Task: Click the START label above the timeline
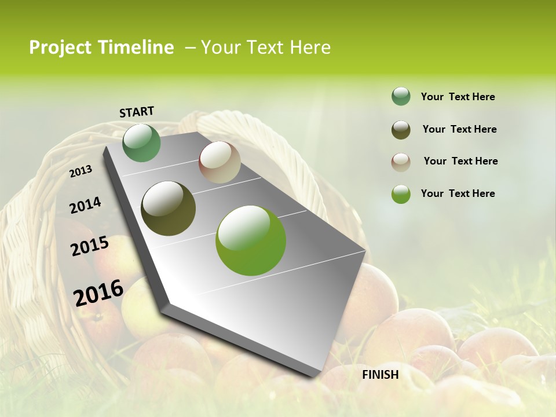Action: pyautogui.click(x=137, y=112)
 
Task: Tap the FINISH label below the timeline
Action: pyautogui.click(x=381, y=375)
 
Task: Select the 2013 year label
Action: pyautogui.click(x=81, y=171)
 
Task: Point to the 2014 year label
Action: pyautogui.click(x=85, y=206)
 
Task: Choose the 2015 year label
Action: pyautogui.click(x=90, y=246)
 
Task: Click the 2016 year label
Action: pyautogui.click(x=98, y=292)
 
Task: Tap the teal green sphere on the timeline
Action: pyautogui.click(x=141, y=143)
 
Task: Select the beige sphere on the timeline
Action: pyautogui.click(x=220, y=162)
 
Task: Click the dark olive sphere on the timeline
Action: pyautogui.click(x=168, y=209)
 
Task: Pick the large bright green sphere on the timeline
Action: pyautogui.click(x=251, y=240)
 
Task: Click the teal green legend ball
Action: pyautogui.click(x=401, y=97)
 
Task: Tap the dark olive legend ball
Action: pyautogui.click(x=401, y=130)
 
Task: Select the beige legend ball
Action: pyautogui.click(x=401, y=162)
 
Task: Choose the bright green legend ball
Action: pyautogui.click(x=401, y=194)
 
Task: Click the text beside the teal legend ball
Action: pyautogui.click(x=458, y=97)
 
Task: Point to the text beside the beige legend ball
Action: pyautogui.click(x=460, y=161)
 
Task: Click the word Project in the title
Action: pyautogui.click(x=60, y=47)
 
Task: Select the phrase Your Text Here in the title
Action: pyautogui.click(x=266, y=47)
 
